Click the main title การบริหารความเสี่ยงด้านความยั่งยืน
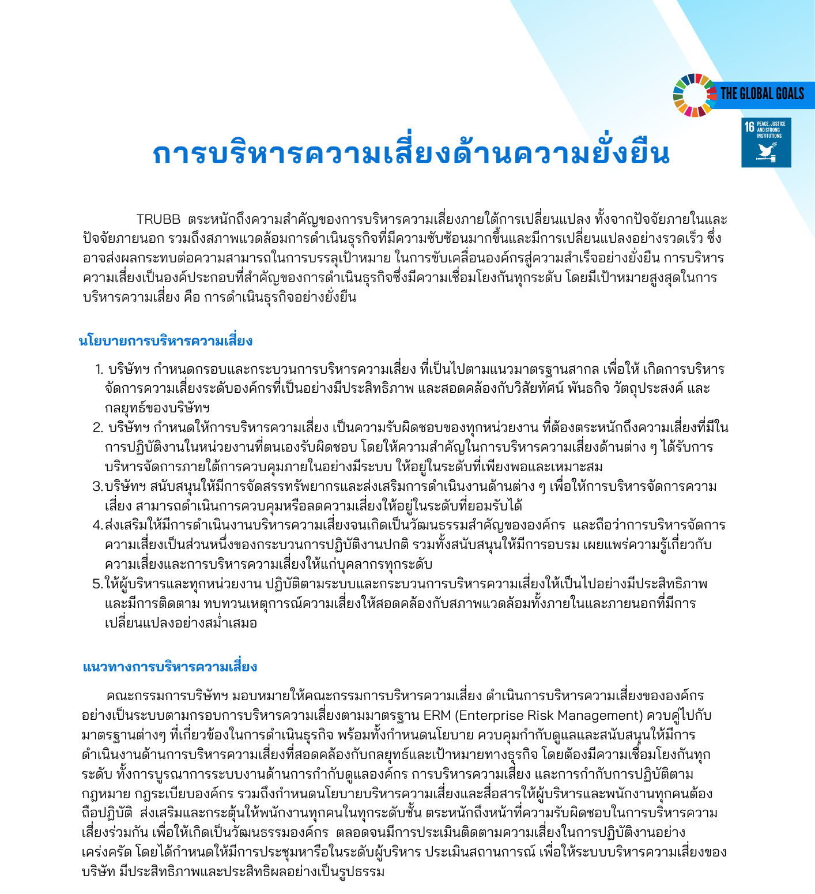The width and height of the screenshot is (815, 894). point(411,153)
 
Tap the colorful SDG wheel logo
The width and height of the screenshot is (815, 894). point(695,95)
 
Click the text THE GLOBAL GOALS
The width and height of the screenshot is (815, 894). point(762,94)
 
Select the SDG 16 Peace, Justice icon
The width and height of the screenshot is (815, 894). point(766,142)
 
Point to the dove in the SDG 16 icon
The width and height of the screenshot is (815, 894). point(767,151)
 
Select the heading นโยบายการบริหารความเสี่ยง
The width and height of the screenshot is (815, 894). point(165,341)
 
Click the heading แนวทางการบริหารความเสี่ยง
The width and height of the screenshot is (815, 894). point(170,667)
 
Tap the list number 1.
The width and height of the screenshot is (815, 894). point(99,369)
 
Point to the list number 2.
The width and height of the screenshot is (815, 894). point(98,428)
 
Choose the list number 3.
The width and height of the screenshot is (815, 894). point(97,487)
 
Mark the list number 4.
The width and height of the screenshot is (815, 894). point(97,525)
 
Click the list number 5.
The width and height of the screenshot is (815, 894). point(97,584)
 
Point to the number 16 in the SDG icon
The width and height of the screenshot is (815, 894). point(749,126)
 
